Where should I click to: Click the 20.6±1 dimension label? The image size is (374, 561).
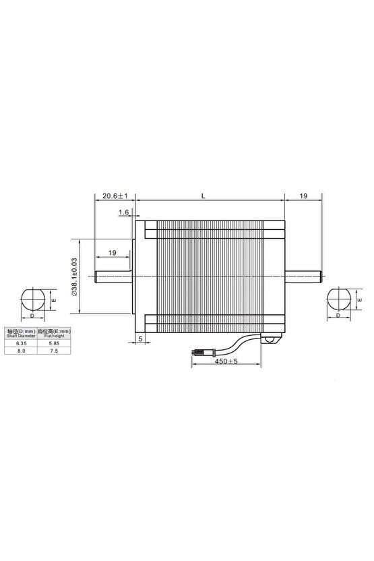[115, 196]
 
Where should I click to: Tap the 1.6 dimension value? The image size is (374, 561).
[123, 212]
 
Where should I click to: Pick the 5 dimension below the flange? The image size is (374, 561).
[140, 339]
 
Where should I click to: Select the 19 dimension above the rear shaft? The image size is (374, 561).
[303, 196]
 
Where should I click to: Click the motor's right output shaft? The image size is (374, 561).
[303, 276]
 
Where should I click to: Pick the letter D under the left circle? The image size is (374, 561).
[32, 315]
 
